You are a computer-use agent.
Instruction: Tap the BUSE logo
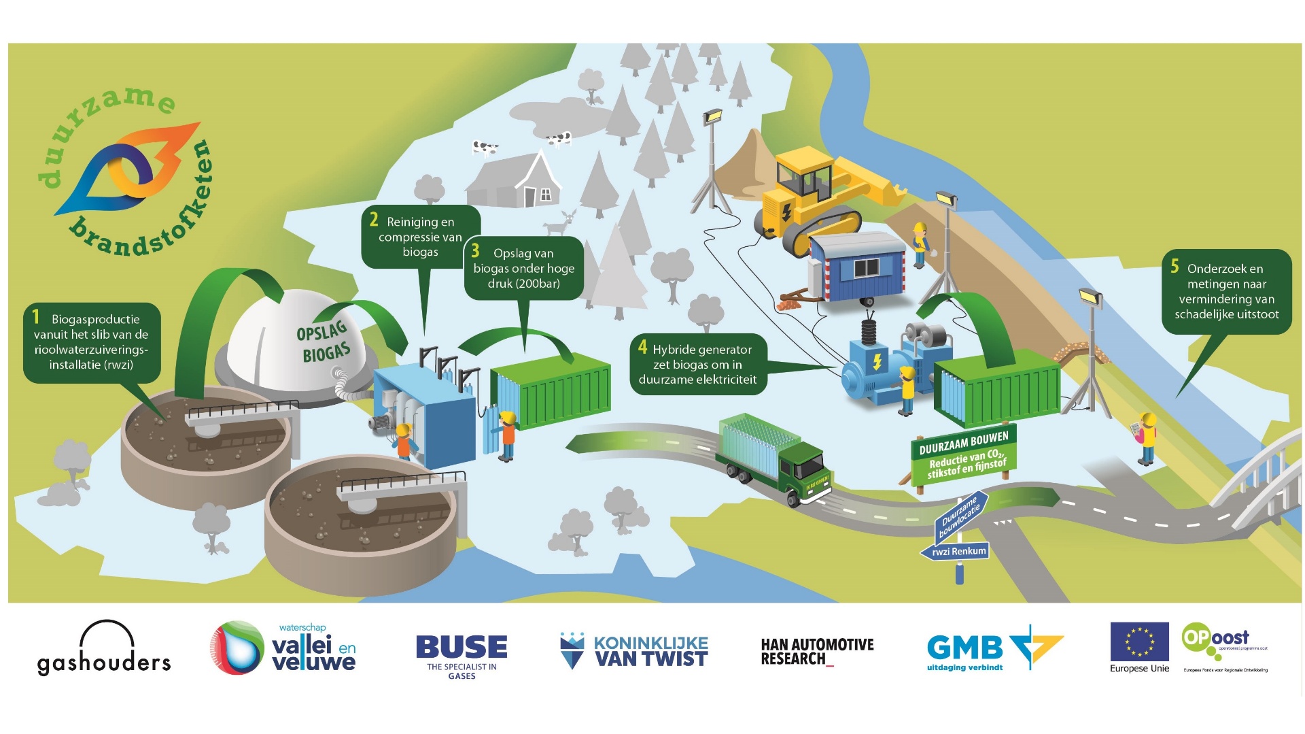point(462,654)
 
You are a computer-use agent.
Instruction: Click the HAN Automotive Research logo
point(817,652)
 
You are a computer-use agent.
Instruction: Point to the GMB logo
point(994,648)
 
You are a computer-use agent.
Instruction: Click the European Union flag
point(1139,642)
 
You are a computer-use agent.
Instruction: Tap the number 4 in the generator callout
point(642,347)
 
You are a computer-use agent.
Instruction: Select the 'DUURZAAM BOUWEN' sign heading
point(963,440)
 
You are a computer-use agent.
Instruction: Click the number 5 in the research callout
point(1174,266)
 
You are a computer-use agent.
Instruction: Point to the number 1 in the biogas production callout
point(36,316)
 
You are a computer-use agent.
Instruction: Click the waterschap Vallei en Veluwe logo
point(283,648)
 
